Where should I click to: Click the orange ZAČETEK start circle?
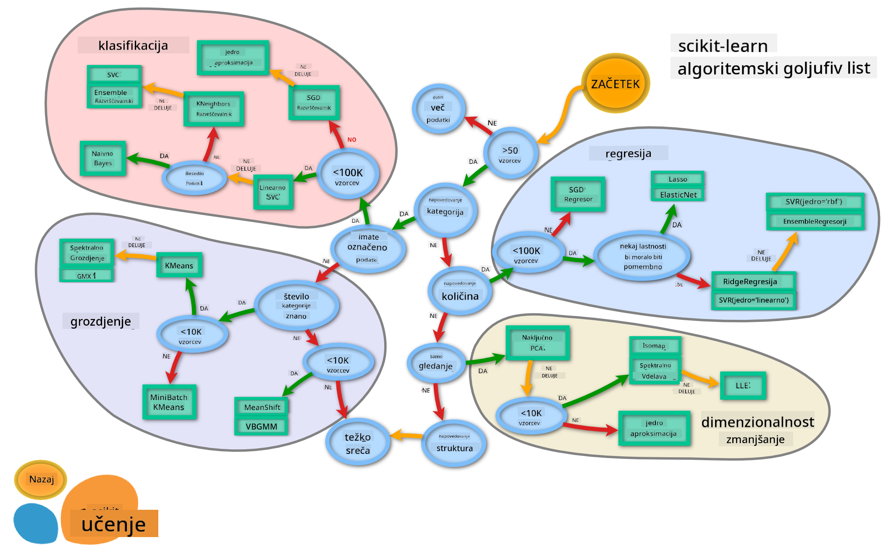click(615, 83)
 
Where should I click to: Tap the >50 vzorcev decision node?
click(510, 154)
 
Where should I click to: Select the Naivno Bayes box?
click(103, 158)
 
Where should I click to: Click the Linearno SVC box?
click(273, 192)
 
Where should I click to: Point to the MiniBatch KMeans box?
click(169, 402)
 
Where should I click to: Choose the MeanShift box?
click(262, 407)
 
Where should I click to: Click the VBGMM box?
click(261, 426)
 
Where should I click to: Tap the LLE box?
click(743, 385)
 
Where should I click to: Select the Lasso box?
click(677, 179)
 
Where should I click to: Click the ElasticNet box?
click(678, 195)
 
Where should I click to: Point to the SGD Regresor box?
click(578, 194)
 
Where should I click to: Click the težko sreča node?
click(358, 443)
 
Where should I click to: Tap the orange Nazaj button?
click(41, 479)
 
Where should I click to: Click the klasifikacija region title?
click(133, 45)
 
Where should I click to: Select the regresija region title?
click(628, 153)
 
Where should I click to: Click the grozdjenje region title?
click(101, 321)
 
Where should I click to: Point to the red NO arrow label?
click(352, 140)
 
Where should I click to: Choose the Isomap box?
click(655, 346)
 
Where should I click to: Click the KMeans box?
click(179, 265)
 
